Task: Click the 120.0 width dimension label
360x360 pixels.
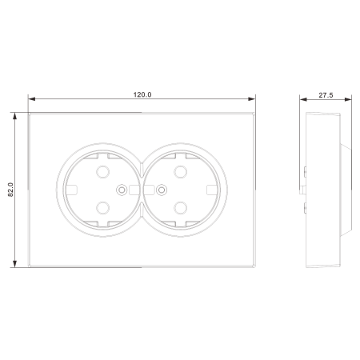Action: [142, 94]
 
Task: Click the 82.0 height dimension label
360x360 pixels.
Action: [10, 190]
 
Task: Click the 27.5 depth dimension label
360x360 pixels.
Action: [326, 95]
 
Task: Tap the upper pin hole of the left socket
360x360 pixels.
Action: [102, 172]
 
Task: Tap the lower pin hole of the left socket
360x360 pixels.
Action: [102, 208]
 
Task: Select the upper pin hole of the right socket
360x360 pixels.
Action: [181, 172]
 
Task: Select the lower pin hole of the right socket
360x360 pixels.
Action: [181, 208]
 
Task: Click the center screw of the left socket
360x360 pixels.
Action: [122, 190]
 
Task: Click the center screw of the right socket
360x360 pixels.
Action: [162, 190]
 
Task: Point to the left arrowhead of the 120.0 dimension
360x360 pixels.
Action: [32, 99]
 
